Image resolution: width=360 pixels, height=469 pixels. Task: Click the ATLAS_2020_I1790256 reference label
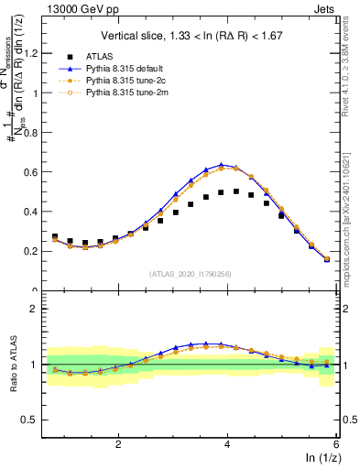pos(190,274)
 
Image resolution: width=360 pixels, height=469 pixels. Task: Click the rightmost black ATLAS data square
pos(327,259)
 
